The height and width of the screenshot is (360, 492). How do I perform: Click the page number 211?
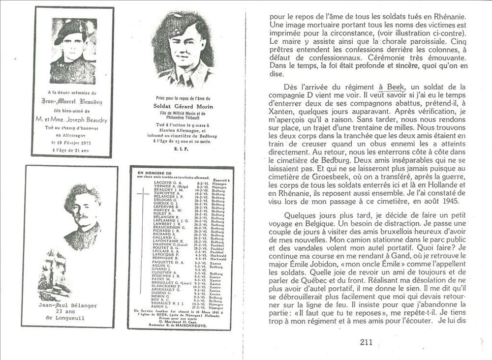(x=366, y=343)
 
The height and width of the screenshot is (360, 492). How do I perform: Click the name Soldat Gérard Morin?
(x=182, y=106)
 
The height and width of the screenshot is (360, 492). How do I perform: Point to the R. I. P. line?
(x=182, y=146)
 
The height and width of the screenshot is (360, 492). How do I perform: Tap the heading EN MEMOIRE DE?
(x=154, y=173)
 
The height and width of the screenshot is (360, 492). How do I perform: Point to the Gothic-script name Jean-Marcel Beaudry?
(x=72, y=102)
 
